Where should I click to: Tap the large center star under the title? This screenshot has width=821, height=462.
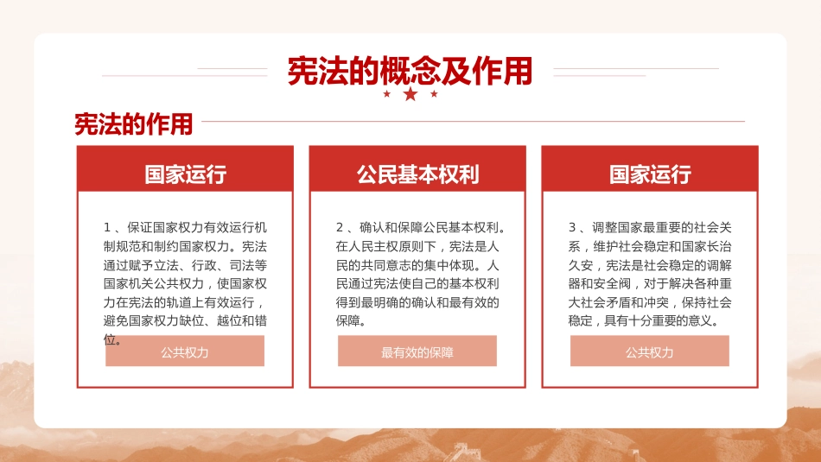point(410,93)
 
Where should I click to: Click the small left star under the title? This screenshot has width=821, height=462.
point(386,93)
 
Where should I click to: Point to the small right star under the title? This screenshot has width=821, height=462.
point(434,93)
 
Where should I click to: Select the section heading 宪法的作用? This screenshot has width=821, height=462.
point(133,124)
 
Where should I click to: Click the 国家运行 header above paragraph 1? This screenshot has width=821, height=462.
point(185,174)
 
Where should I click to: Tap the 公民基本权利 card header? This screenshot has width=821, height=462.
point(417,174)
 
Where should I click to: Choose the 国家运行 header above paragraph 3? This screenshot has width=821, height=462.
point(650,174)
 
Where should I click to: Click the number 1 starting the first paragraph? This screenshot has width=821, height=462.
point(107,228)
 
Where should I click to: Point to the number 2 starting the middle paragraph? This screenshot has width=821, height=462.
point(340,228)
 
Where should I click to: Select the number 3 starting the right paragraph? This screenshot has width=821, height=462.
point(572,228)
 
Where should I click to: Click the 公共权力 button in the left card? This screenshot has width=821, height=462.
point(185,351)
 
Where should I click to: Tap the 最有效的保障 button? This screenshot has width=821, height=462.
point(417,351)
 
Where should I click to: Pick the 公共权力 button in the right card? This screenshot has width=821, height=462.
point(650,351)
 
